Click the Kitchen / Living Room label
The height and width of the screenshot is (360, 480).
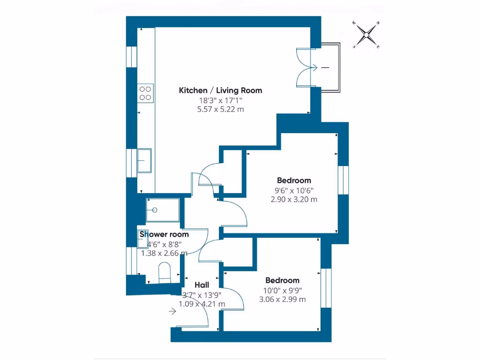pyautogui.click(x=220, y=90)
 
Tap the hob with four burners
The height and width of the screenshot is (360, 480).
pyautogui.click(x=145, y=93)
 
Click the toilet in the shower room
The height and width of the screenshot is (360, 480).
pyautogui.click(x=165, y=273)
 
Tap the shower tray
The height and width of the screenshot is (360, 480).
pyautogui.click(x=162, y=210)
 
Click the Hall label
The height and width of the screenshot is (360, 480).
pyautogui.click(x=202, y=285)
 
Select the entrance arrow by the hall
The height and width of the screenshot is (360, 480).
pyautogui.click(x=173, y=310)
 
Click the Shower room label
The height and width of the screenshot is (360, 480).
pyautogui.click(x=164, y=234)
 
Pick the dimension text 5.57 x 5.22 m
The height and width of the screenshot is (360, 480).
pyautogui.click(x=220, y=109)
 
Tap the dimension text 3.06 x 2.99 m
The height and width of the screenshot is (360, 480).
pyautogui.click(x=282, y=299)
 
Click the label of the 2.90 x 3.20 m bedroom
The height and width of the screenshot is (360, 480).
pyautogui.click(x=294, y=180)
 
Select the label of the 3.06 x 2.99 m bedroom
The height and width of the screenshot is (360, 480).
pyautogui.click(x=282, y=280)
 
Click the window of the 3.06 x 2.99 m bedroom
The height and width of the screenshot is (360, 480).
pyautogui.click(x=326, y=288)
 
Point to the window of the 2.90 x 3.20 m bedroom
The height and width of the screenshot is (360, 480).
pyautogui.click(x=344, y=180)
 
